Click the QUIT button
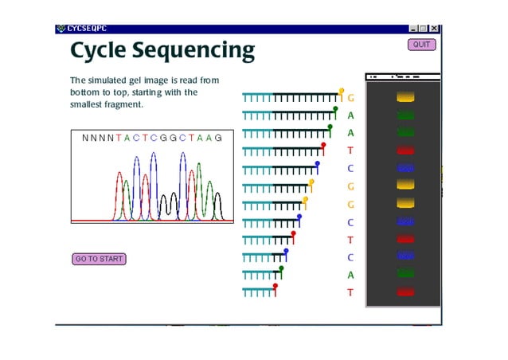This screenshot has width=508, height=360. (x=421, y=45)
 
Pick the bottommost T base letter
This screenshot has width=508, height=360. (x=350, y=293)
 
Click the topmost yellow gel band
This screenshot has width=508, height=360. (x=405, y=97)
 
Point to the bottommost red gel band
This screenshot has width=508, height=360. (x=405, y=292)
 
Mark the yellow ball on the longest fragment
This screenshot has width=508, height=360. (x=342, y=91)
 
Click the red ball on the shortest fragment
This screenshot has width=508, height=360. (x=275, y=285)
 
